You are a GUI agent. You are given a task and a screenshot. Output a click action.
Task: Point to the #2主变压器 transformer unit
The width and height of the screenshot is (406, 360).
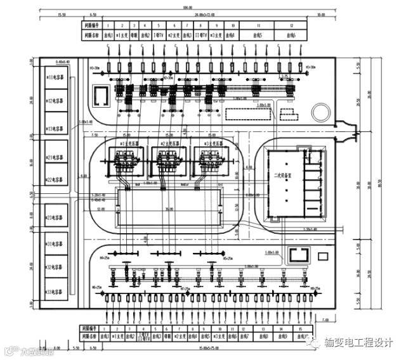coord(168,162)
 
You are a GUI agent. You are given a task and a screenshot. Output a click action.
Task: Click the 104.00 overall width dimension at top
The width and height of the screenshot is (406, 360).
coord(205,8)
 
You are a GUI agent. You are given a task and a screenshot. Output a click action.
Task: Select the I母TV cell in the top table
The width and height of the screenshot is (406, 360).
coord(161,37)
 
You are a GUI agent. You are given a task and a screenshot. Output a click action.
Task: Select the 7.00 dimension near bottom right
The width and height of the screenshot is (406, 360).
coord(325,319)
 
